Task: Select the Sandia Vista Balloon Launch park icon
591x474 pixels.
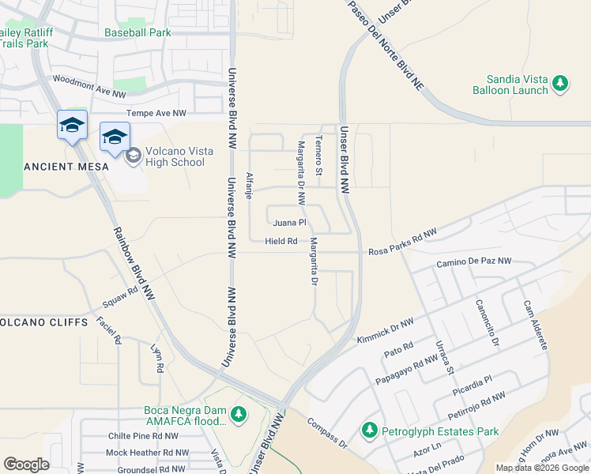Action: (x=560, y=83)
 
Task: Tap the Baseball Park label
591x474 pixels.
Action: (x=137, y=33)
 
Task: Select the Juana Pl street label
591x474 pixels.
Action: (x=291, y=223)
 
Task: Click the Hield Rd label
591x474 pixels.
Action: (x=281, y=241)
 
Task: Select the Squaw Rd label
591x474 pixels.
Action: (x=120, y=296)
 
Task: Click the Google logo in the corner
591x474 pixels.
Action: (x=27, y=465)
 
